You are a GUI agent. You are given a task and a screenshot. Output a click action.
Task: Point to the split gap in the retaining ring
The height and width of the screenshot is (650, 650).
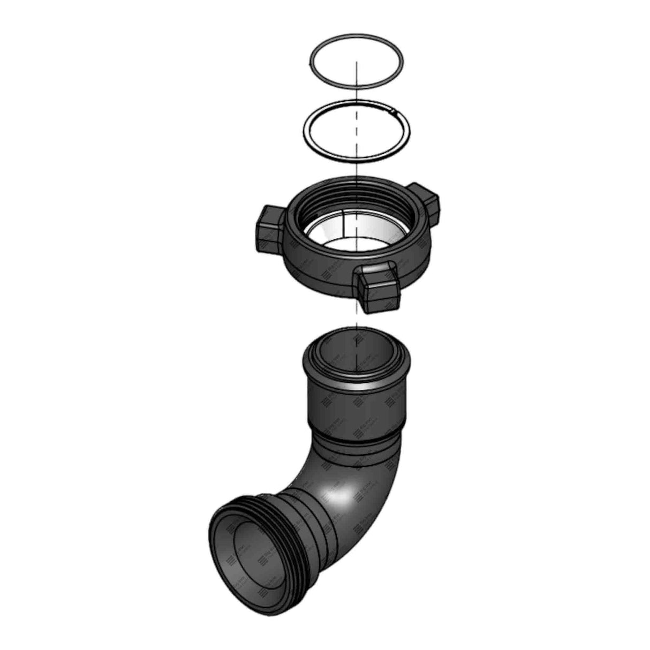(x=395, y=111)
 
